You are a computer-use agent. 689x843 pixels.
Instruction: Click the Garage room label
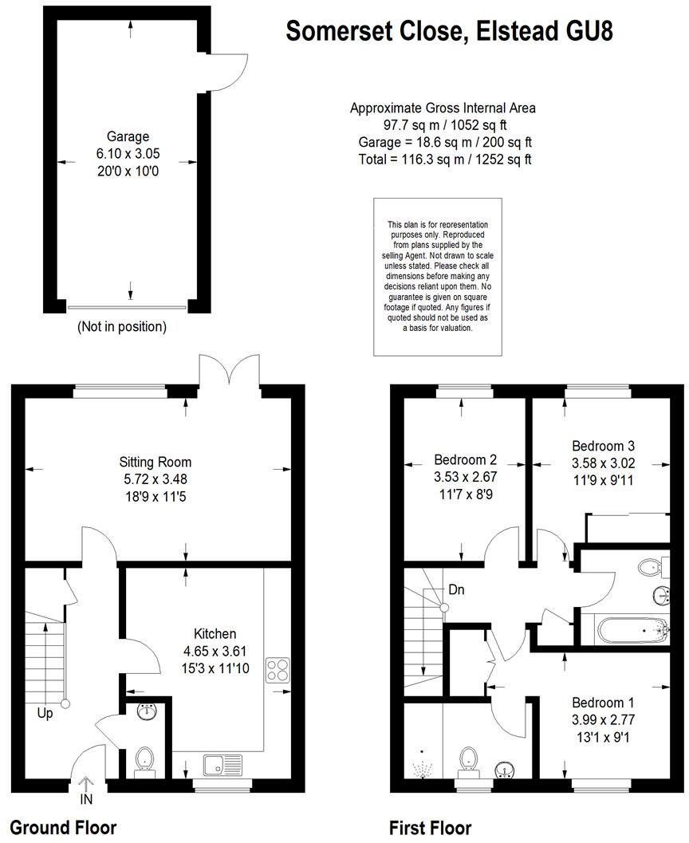128,136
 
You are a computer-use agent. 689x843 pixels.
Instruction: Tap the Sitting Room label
156,462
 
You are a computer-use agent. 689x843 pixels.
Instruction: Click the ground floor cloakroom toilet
144,759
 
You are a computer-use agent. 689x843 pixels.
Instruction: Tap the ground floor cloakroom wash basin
146,711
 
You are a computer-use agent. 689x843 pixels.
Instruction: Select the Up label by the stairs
45,713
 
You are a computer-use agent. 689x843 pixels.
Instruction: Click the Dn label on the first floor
457,590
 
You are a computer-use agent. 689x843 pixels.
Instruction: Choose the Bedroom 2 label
466,459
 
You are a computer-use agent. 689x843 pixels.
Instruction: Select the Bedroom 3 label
603,445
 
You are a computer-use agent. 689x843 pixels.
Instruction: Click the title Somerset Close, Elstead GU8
449,31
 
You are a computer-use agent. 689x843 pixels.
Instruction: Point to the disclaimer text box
438,276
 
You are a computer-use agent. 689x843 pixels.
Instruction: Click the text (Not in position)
121,326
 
